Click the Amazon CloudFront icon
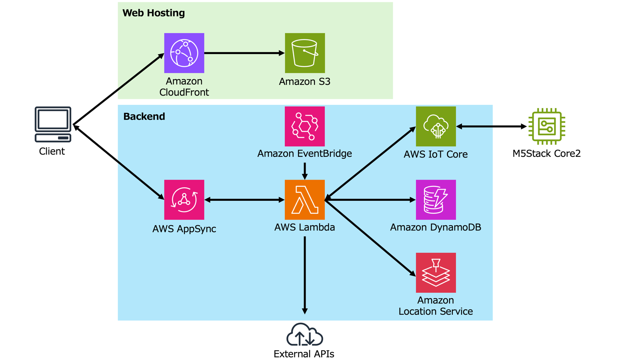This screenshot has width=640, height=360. click(x=184, y=53)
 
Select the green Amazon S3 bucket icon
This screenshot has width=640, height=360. click(x=305, y=53)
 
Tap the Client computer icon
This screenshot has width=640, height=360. click(x=53, y=124)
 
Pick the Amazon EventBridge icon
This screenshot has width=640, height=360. click(x=305, y=126)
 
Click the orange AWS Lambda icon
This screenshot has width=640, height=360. click(x=305, y=200)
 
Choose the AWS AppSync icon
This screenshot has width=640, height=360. click(x=184, y=200)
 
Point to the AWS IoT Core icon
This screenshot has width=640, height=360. click(x=436, y=126)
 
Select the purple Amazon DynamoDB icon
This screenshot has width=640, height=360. click(x=436, y=200)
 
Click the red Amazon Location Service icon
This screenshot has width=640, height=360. click(x=436, y=272)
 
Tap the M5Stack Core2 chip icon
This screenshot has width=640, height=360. click(x=547, y=126)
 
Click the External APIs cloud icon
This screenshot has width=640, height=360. click(x=304, y=335)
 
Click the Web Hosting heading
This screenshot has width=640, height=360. click(x=154, y=13)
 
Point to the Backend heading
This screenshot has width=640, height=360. click(x=144, y=116)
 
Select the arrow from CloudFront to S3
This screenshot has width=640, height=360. click(x=244, y=53)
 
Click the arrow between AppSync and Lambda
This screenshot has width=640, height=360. click(x=244, y=200)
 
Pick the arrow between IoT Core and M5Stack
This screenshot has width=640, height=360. click(x=491, y=126)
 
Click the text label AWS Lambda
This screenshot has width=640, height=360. click(x=304, y=227)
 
